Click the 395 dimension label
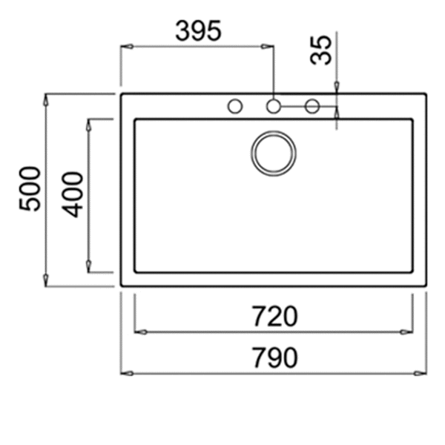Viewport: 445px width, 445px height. (x=198, y=31)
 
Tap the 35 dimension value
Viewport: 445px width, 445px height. (x=322, y=50)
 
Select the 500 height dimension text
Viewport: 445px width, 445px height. (x=30, y=188)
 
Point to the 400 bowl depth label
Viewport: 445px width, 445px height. (x=73, y=194)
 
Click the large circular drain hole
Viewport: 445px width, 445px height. (x=273, y=154)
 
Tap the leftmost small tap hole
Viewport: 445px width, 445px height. (x=235, y=106)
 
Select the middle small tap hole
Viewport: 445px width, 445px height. (x=273, y=106)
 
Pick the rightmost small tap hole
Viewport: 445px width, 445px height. (x=311, y=106)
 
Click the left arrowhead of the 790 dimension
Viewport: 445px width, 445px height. (x=125, y=372)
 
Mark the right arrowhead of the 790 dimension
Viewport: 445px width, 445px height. (x=422, y=372)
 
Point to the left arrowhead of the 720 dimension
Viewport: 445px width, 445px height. (x=139, y=332)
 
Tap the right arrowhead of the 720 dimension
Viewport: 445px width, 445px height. (x=408, y=332)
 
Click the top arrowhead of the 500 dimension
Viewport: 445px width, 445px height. (x=47, y=99)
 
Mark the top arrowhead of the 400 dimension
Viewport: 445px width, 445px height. (x=89, y=123)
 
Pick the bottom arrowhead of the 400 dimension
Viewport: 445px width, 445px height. (x=89, y=267)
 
